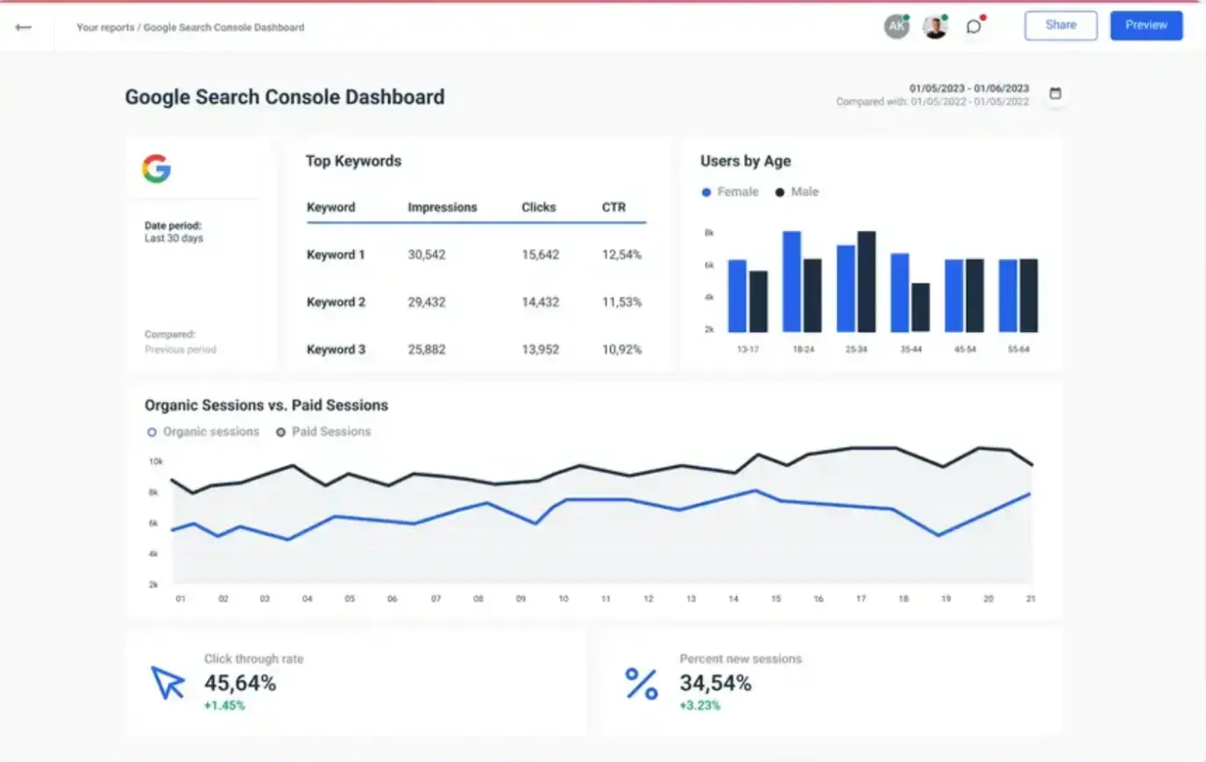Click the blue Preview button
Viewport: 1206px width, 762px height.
click(1146, 25)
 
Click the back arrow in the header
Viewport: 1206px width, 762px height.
click(24, 27)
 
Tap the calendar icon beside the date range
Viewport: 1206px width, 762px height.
click(1055, 94)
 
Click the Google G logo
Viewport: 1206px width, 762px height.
click(157, 168)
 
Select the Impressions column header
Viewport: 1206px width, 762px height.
click(442, 208)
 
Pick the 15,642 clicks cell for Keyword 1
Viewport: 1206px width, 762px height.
click(540, 255)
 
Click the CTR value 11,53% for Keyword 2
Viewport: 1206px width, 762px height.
click(621, 302)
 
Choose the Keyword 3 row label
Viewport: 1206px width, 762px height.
click(336, 349)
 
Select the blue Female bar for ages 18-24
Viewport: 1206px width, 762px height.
click(791, 281)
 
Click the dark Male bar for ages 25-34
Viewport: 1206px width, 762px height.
click(866, 281)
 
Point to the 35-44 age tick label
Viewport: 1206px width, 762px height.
click(911, 349)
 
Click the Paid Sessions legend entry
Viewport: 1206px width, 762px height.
click(323, 432)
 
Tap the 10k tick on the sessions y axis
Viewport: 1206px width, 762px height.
click(155, 462)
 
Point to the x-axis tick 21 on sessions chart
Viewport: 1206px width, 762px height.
click(1031, 599)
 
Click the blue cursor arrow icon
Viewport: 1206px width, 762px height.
click(167, 682)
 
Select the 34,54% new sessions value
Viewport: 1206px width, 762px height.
click(715, 683)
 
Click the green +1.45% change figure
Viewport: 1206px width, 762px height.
click(224, 705)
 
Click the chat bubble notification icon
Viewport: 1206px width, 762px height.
click(974, 26)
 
